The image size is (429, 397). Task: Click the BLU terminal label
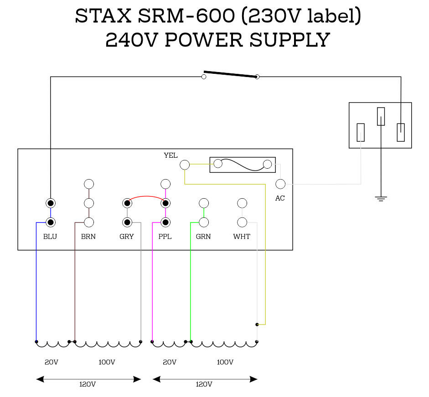pyautogui.click(x=50, y=237)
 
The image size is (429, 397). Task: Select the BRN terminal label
pyautogui.click(x=88, y=237)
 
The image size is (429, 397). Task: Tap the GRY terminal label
pyautogui.click(x=127, y=237)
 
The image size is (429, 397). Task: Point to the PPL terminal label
pyautogui.click(x=165, y=237)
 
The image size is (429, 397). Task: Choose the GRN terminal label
pyautogui.click(x=203, y=237)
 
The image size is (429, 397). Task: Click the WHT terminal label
pyautogui.click(x=242, y=237)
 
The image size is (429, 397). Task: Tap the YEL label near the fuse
pyautogui.click(x=171, y=155)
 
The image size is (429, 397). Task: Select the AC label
pyautogui.click(x=280, y=198)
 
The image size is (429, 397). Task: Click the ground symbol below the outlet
pyautogui.click(x=381, y=198)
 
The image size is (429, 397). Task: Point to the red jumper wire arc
pyautogui.click(x=146, y=196)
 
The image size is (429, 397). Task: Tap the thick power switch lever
pyautogui.click(x=230, y=74)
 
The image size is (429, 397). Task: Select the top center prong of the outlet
pyautogui.click(x=381, y=117)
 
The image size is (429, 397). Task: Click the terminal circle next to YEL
pyautogui.click(x=185, y=165)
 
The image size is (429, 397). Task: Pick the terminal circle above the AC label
pyautogui.click(x=280, y=184)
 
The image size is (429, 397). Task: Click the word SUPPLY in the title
pyautogui.click(x=290, y=40)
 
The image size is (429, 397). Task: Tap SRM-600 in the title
pyautogui.click(x=186, y=15)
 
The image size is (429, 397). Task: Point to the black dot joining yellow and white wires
pyautogui.click(x=257, y=325)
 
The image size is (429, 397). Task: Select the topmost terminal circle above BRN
pyautogui.click(x=89, y=184)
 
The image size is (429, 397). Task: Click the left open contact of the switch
pyautogui.click(x=204, y=77)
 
